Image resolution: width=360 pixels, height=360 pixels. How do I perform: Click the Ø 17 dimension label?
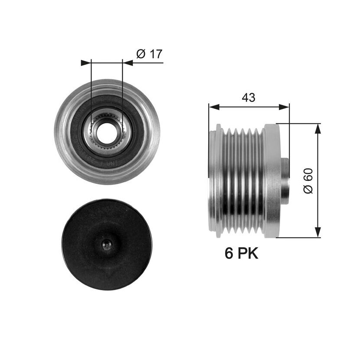tap(149, 54)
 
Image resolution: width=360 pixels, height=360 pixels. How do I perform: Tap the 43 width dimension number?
tap(249, 97)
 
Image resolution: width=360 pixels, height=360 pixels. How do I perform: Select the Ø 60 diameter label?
tap(308, 181)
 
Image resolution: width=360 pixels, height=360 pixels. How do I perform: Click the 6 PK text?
tap(241, 253)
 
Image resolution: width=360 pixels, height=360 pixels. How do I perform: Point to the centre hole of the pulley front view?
tap(107, 133)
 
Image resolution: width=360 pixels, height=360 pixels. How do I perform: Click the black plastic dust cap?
tap(107, 244)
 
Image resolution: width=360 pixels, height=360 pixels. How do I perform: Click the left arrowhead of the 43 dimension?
tap(214, 107)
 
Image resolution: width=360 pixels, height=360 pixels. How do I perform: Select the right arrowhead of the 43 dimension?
tap(284, 107)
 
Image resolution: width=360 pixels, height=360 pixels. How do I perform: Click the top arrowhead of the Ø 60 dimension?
tap(317, 129)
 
